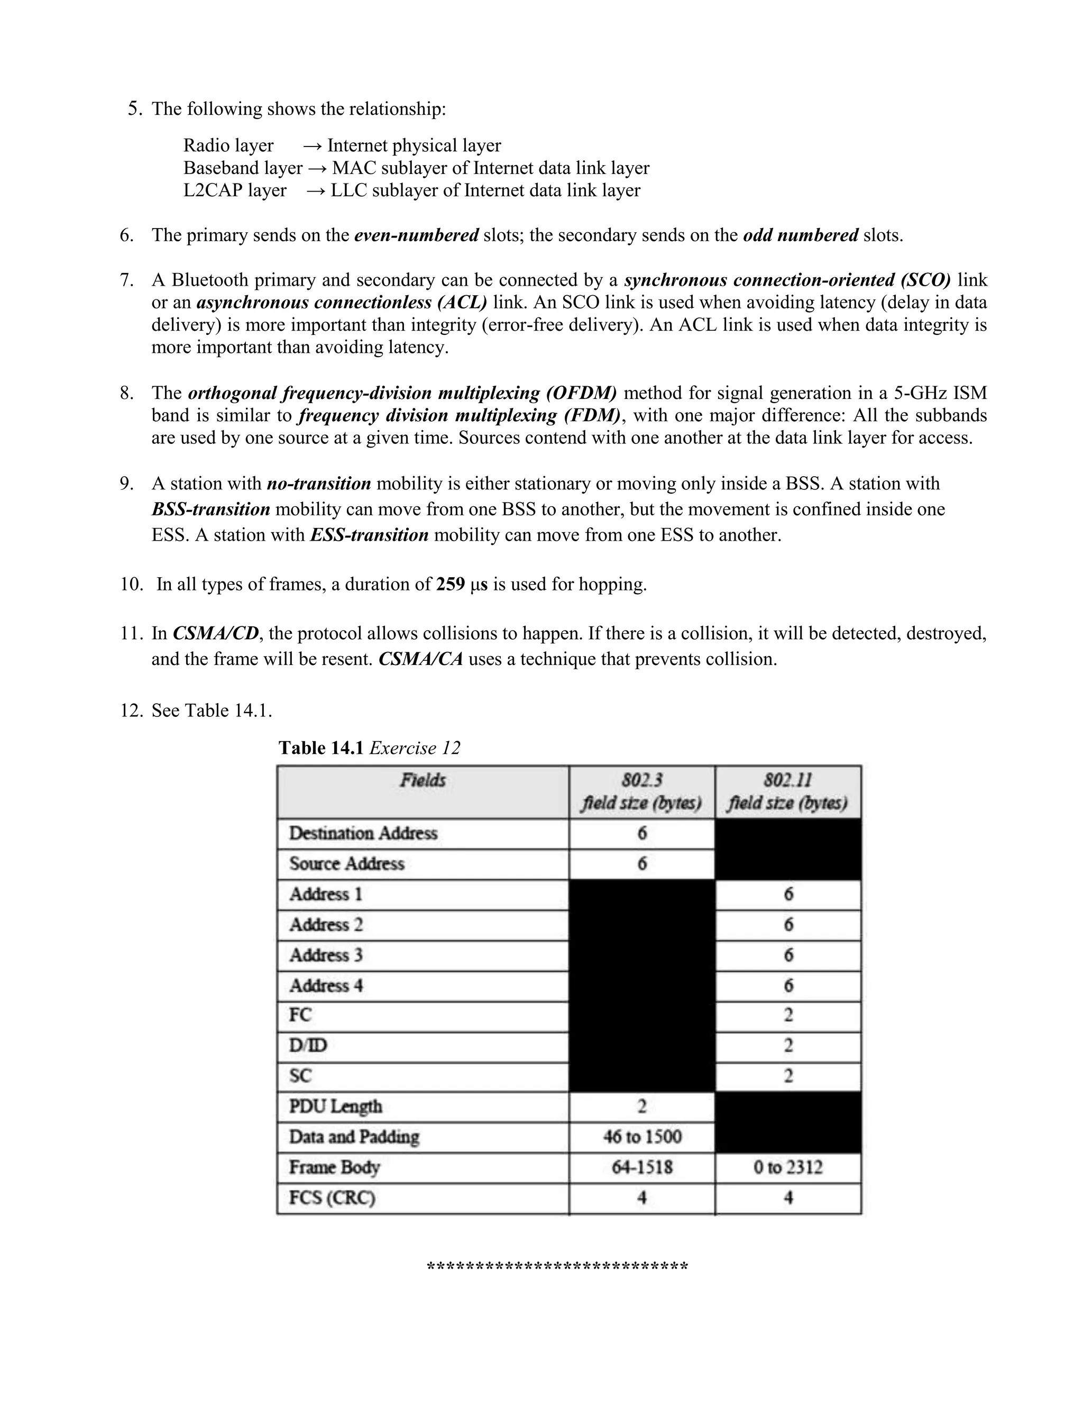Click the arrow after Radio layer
[x=312, y=145]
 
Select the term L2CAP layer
[x=235, y=190]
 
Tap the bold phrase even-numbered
[x=416, y=235]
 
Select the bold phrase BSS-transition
[x=211, y=509]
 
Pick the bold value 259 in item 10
[x=451, y=584]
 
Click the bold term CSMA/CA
[x=421, y=659]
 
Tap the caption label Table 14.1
[x=321, y=748]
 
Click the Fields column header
[x=423, y=780]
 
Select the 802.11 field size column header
[x=787, y=791]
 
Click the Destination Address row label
[x=363, y=833]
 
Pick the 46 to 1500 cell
[x=642, y=1137]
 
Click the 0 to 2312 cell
[x=788, y=1167]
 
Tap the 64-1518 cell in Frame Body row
[x=642, y=1167]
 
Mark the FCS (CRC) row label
[x=332, y=1198]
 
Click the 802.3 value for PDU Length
[x=642, y=1106]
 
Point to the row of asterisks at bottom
[x=557, y=1268]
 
